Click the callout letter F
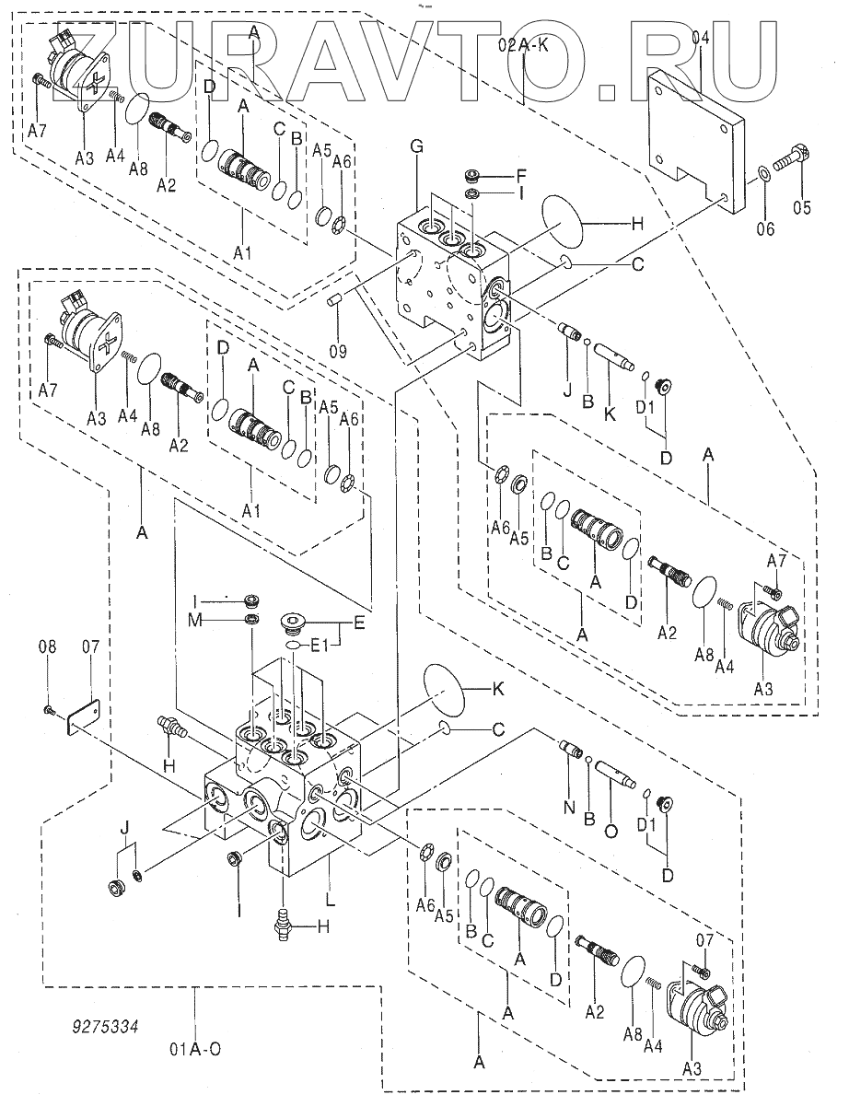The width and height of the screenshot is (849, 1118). pos(520,173)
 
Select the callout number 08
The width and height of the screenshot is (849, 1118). pos(47,648)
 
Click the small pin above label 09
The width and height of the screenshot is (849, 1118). pos(336,299)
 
